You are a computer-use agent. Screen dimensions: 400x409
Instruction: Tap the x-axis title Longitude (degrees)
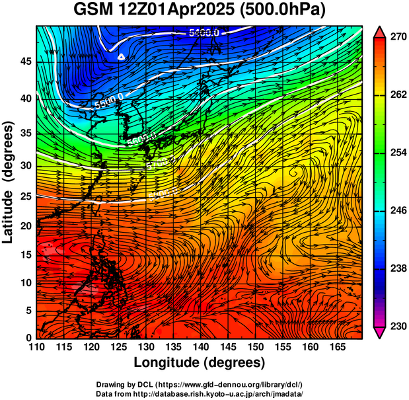point(200,362)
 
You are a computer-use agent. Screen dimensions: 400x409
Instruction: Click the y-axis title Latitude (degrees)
point(9,182)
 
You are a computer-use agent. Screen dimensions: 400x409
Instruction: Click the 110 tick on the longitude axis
point(36,346)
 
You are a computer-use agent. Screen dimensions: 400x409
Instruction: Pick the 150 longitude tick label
point(254,346)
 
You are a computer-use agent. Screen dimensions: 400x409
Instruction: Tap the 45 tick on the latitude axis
point(26,61)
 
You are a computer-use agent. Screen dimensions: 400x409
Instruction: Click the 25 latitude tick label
point(26,198)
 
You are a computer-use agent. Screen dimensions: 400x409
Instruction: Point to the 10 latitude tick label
point(26,283)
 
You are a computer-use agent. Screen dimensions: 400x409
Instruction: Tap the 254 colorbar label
point(396,153)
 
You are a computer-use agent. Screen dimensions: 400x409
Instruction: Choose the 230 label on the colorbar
point(396,326)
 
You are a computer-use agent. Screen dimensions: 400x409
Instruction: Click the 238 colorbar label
point(396,268)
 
